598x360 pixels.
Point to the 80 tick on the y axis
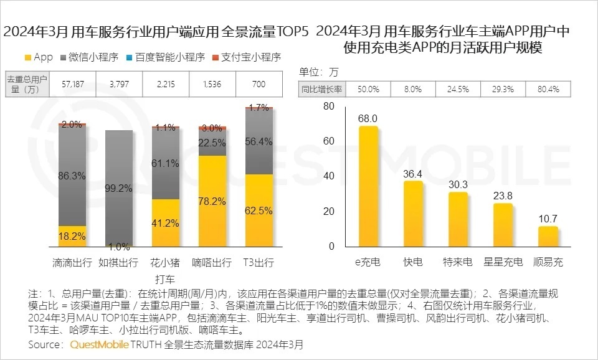328,107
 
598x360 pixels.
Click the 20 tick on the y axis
328,211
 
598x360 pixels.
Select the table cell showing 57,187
73,84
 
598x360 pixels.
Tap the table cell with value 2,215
166,84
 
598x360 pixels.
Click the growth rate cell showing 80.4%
548,89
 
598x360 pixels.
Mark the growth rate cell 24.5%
458,89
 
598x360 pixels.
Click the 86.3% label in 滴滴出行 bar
72,176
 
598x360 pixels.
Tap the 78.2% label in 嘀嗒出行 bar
212,201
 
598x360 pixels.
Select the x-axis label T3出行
259,262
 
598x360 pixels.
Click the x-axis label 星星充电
503,262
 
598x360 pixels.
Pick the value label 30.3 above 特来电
458,184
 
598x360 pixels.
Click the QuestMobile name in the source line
100,344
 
